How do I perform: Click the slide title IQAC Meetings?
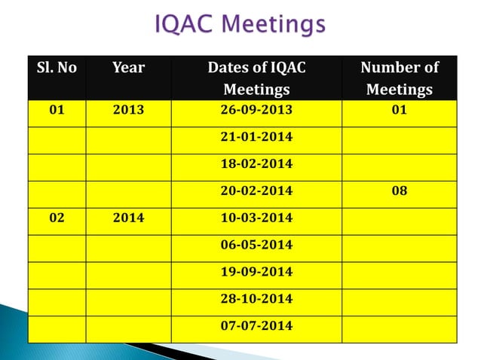click(x=240, y=25)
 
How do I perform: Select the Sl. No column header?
click(x=57, y=68)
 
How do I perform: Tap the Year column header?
click(x=128, y=68)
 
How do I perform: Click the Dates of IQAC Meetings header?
click(x=256, y=78)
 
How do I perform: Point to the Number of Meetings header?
click(x=399, y=78)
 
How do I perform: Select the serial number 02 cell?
click(x=57, y=218)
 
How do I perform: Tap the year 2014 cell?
click(x=128, y=218)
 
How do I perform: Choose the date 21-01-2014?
click(x=256, y=139)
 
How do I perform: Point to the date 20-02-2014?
click(x=256, y=191)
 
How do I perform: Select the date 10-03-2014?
click(x=256, y=218)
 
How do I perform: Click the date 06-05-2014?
click(x=256, y=246)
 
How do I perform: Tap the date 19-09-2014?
click(x=256, y=272)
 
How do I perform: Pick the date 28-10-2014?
click(x=256, y=300)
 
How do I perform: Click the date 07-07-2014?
click(x=256, y=327)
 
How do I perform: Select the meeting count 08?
click(x=399, y=191)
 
